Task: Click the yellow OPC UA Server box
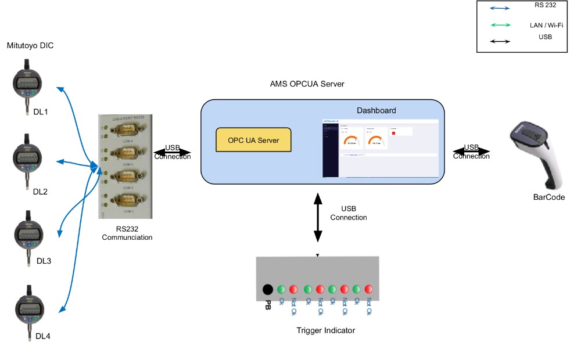253,141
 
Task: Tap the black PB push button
267,289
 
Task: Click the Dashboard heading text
376,110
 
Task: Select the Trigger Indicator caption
325,330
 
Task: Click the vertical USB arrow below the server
318,218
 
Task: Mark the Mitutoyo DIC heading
30,45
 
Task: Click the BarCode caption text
549,197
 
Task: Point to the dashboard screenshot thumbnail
381,148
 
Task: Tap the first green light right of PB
281,289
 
